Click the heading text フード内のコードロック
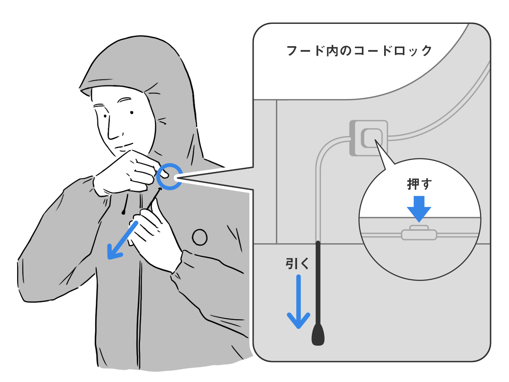click(x=359, y=50)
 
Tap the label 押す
click(x=419, y=184)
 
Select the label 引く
click(x=297, y=264)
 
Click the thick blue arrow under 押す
click(x=419, y=209)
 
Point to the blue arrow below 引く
click(x=299, y=302)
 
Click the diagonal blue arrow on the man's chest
click(x=122, y=240)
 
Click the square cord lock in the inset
click(x=369, y=138)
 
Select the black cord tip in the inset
click(x=318, y=334)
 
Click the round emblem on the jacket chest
click(x=200, y=237)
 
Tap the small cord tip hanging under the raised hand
click(x=124, y=212)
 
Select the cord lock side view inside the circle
click(x=419, y=233)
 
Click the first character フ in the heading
click(x=293, y=51)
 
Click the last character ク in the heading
click(x=425, y=51)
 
